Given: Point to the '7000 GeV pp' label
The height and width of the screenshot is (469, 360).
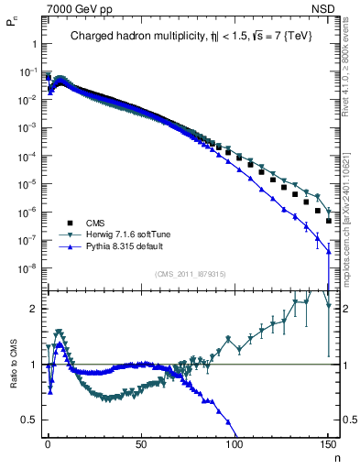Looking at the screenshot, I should (73, 8).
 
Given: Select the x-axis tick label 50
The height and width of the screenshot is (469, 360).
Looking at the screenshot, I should (141, 444).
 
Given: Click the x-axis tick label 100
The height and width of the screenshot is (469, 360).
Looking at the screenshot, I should (235, 444).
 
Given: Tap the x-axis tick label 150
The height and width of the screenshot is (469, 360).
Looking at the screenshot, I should (328, 444).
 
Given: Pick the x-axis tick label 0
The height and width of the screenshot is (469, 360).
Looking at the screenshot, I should (48, 444).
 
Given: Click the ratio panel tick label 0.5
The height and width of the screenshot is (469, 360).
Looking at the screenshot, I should (28, 420).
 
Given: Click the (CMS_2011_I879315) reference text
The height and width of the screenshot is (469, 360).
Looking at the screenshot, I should (191, 274).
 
